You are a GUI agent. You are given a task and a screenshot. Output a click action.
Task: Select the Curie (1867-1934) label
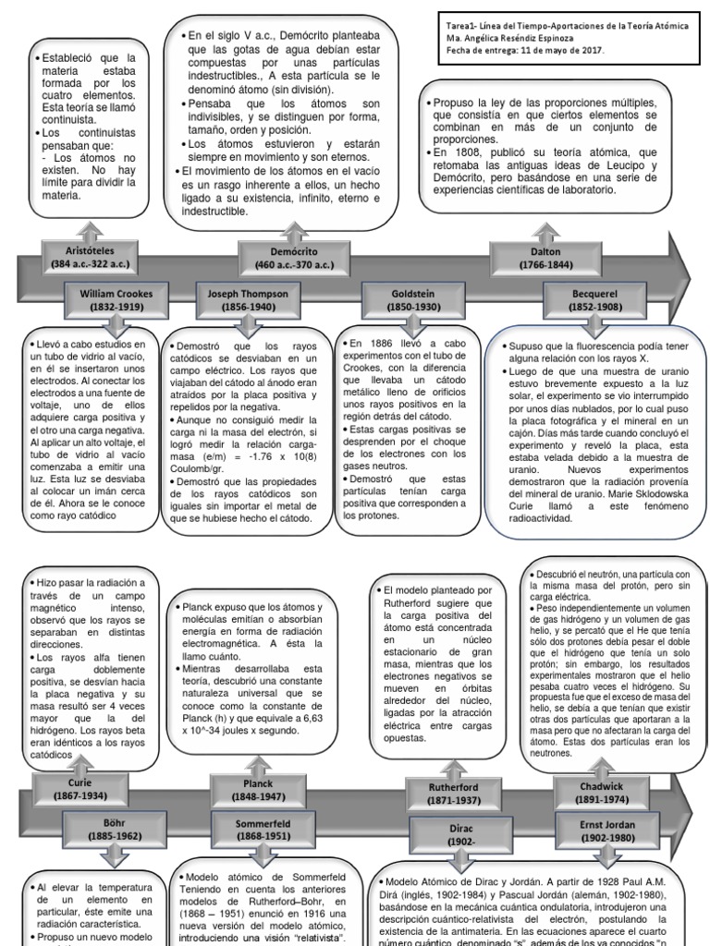[x=80, y=788]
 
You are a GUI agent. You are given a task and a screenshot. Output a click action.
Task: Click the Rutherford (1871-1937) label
[x=453, y=791]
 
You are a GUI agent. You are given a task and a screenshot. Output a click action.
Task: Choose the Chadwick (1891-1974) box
[x=601, y=793]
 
